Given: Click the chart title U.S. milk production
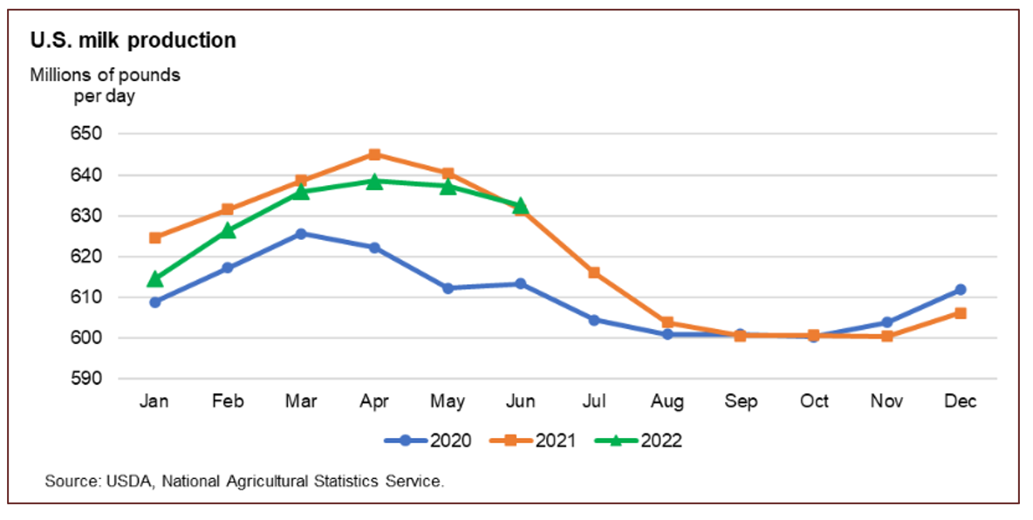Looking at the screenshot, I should [x=133, y=40].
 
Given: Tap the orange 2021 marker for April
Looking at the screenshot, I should [x=374, y=154].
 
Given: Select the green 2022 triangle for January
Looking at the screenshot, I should [x=154, y=279].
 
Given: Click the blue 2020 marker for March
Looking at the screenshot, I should [x=301, y=234].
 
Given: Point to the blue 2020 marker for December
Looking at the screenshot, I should [x=960, y=290].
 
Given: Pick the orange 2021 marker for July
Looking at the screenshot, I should [x=594, y=272].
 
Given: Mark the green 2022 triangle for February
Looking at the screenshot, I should [x=228, y=230].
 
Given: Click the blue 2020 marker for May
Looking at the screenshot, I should [x=448, y=288].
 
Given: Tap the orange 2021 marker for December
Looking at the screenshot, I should [x=960, y=313].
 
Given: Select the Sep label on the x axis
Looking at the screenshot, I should [x=741, y=401].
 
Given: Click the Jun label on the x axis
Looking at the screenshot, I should [x=521, y=401].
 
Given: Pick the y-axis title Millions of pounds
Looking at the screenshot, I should [x=106, y=75].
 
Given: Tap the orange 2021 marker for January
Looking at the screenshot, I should [x=154, y=237].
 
